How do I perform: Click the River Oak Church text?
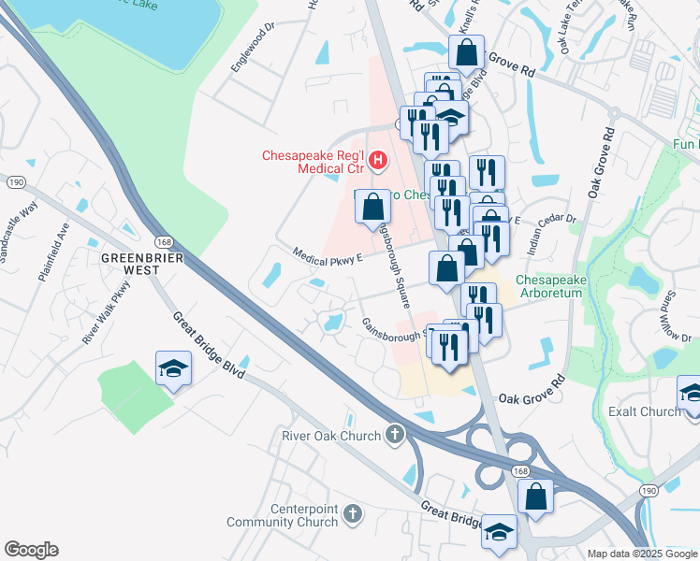click(x=331, y=436)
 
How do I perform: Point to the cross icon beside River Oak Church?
click(x=396, y=435)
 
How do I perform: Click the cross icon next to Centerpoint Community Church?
click(x=353, y=513)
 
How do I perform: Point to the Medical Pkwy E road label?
click(x=328, y=255)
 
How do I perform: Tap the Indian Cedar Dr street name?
click(x=554, y=233)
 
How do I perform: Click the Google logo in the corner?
click(x=31, y=550)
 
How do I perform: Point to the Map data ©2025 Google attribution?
click(x=641, y=554)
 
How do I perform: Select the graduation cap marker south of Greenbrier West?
click(x=173, y=369)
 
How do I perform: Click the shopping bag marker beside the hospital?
click(x=372, y=207)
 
